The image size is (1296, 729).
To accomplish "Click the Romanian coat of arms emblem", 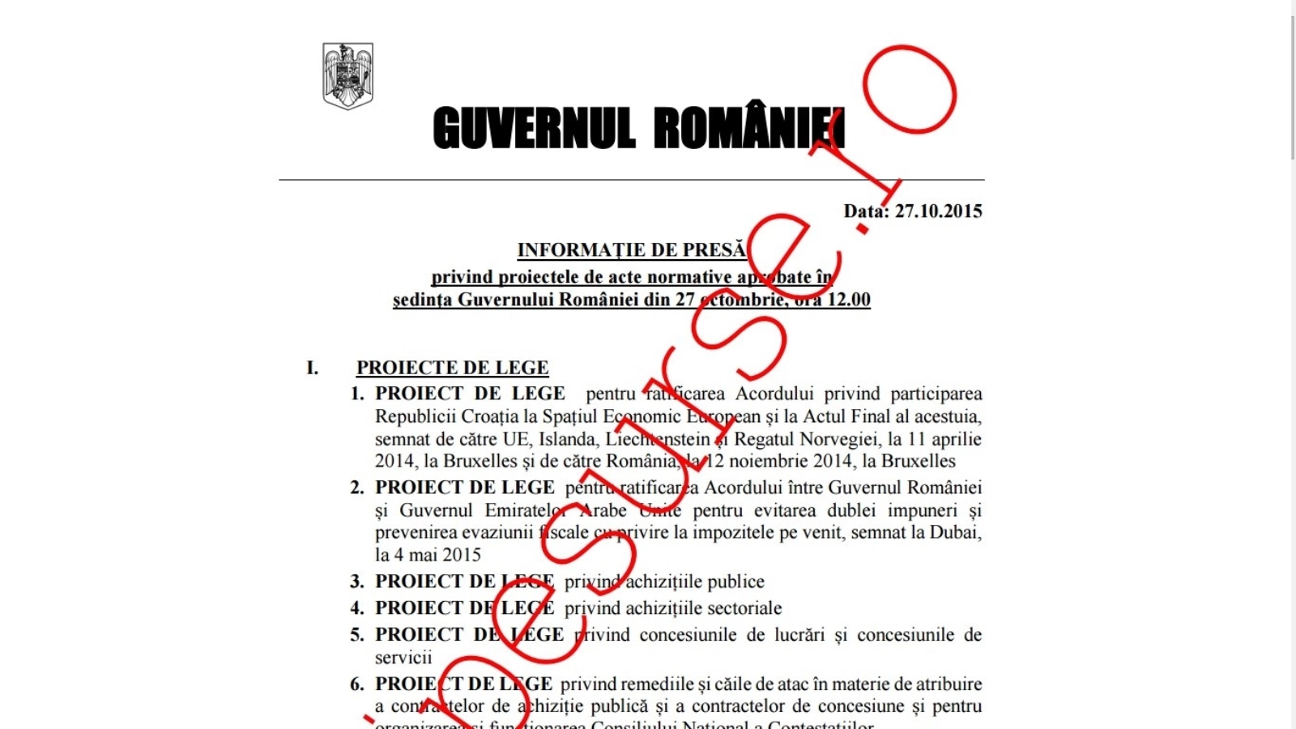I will click(x=347, y=76).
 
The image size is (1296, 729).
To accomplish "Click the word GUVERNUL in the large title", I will click(x=534, y=129).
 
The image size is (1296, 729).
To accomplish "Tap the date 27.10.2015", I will click(x=938, y=211).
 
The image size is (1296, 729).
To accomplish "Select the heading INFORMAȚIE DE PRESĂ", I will click(x=631, y=250).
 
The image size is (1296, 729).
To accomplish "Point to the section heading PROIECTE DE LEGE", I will click(x=452, y=368).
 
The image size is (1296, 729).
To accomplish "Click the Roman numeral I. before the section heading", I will click(x=313, y=369).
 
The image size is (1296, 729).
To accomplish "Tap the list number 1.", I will click(x=357, y=394).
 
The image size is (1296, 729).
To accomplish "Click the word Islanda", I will click(x=566, y=439).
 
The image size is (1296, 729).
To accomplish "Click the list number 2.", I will click(x=357, y=488).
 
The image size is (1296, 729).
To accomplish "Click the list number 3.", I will click(x=357, y=582).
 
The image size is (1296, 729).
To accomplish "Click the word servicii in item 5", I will click(x=403, y=657).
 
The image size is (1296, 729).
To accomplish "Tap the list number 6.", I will click(x=357, y=685).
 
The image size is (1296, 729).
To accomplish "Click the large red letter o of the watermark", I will click(x=910, y=90).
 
